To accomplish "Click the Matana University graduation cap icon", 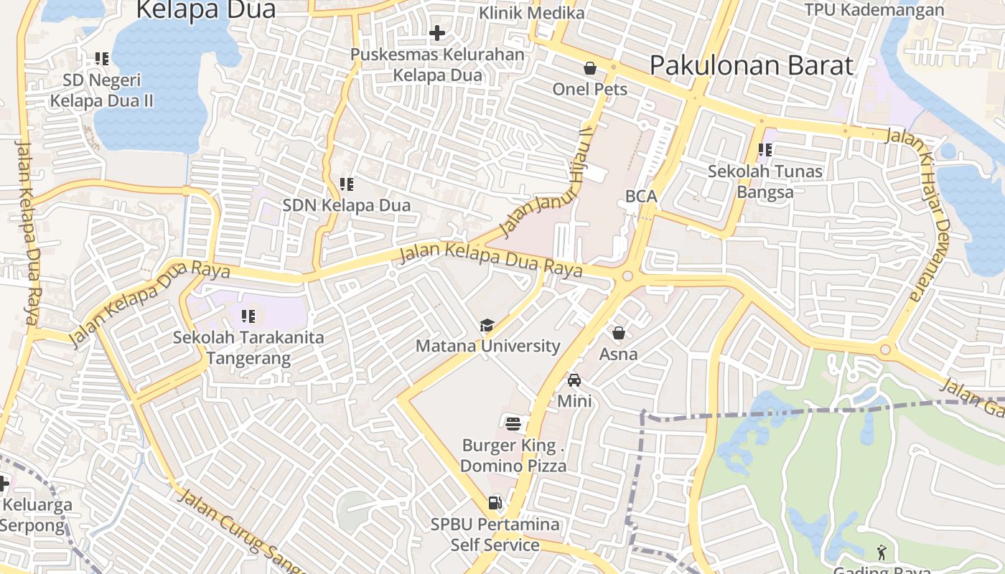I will (x=487, y=326).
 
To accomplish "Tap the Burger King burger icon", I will (x=513, y=423).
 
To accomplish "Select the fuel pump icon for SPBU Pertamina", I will (x=495, y=503).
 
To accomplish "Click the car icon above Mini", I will (x=574, y=380).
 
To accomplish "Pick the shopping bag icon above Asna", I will (x=619, y=333).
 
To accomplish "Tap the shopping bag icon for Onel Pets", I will (x=590, y=68).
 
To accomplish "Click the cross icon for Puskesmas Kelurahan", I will (x=437, y=33).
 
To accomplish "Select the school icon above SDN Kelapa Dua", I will (x=347, y=184).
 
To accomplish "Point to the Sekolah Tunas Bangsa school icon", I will (x=765, y=151).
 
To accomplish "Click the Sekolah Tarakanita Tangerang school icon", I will (x=248, y=316).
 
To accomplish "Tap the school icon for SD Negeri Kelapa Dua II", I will (x=101, y=59).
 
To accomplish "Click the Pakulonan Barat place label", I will (x=752, y=65).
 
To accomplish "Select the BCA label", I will (x=641, y=196).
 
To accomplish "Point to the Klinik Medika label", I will (x=531, y=13).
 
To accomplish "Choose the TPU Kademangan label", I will (x=874, y=10).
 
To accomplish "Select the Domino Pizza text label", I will (x=513, y=466).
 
